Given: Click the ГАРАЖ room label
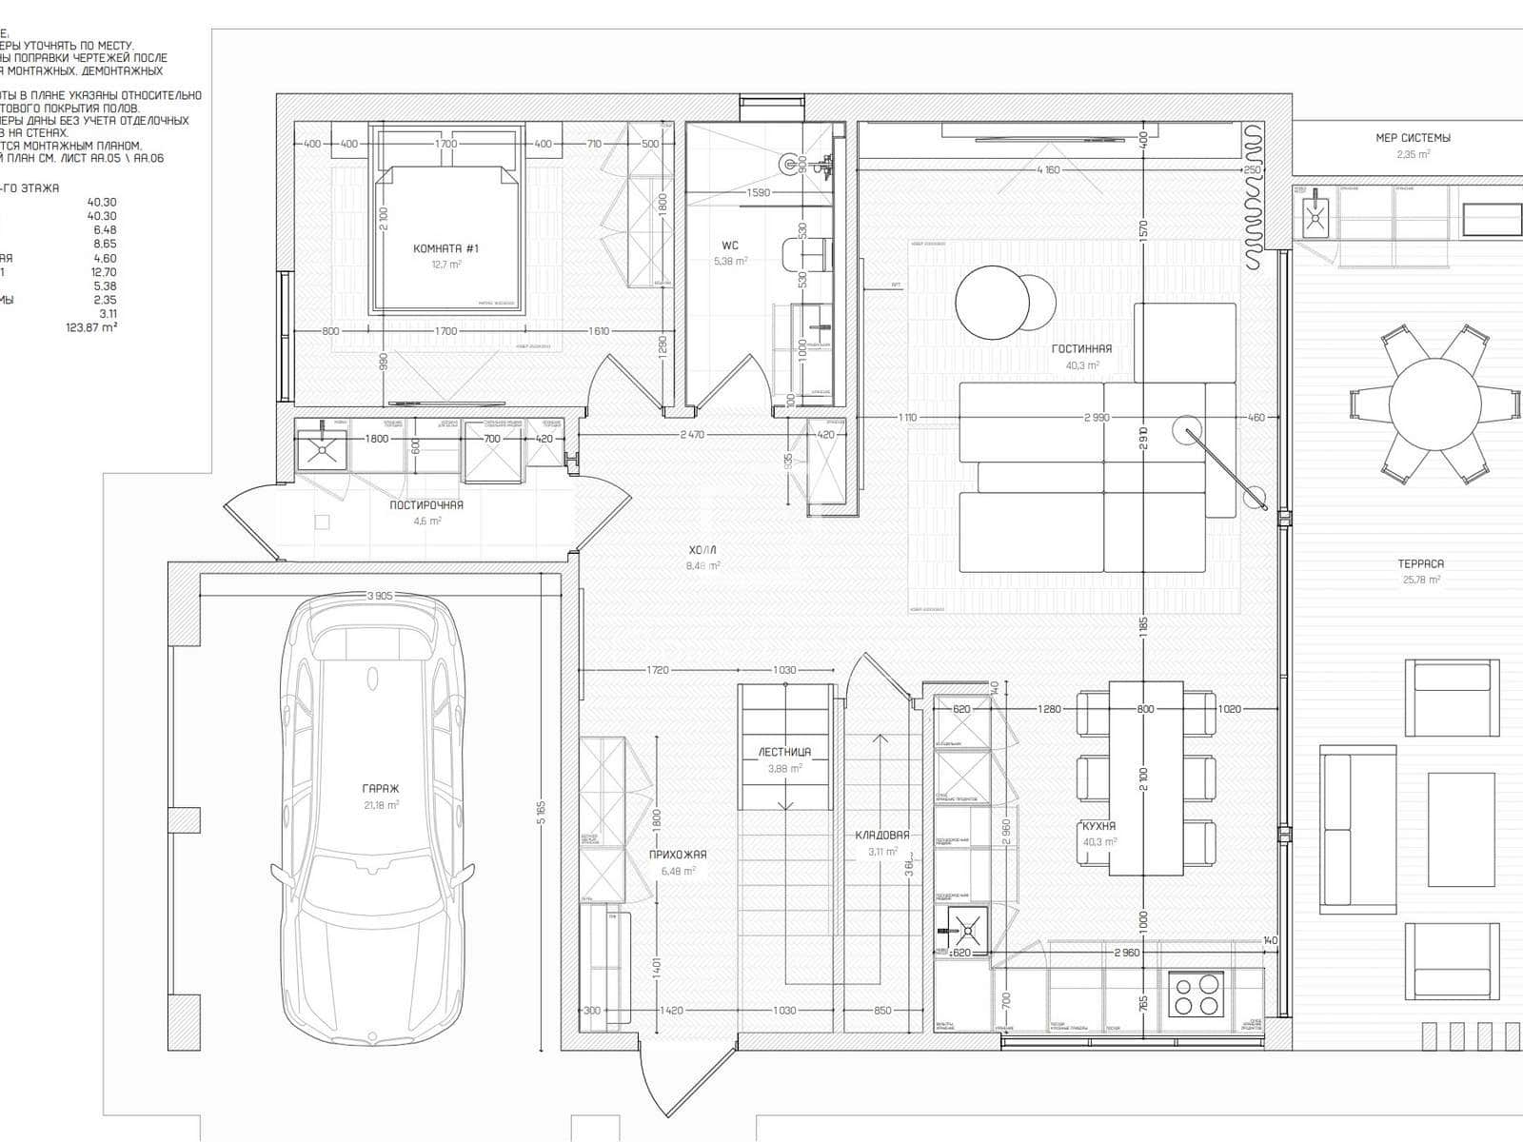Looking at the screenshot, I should pyautogui.click(x=380, y=789).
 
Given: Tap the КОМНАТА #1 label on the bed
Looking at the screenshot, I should pyautogui.click(x=445, y=248).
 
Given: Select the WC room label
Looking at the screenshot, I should pyautogui.click(x=730, y=246).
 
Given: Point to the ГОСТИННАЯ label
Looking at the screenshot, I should pyautogui.click(x=1081, y=349).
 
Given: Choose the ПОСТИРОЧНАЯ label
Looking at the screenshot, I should pyautogui.click(x=426, y=505).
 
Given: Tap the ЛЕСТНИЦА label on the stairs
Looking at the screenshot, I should pyautogui.click(x=784, y=752).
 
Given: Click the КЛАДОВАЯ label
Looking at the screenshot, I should pyautogui.click(x=881, y=835).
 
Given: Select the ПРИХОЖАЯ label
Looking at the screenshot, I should pyautogui.click(x=678, y=855).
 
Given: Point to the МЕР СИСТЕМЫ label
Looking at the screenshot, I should pyautogui.click(x=1413, y=138).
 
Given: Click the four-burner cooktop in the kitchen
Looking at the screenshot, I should pyautogui.click(x=1197, y=994).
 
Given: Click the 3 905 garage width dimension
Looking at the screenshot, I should pyautogui.click(x=380, y=596).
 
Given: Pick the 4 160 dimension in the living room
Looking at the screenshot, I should pyautogui.click(x=1047, y=170).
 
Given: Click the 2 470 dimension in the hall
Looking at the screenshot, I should pyautogui.click(x=692, y=435).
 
